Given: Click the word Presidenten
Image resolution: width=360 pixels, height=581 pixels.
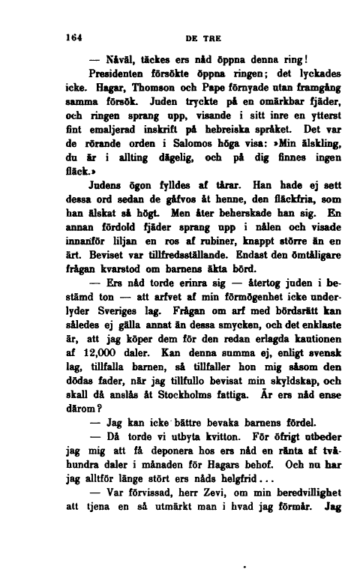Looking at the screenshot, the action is [x=124, y=74].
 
